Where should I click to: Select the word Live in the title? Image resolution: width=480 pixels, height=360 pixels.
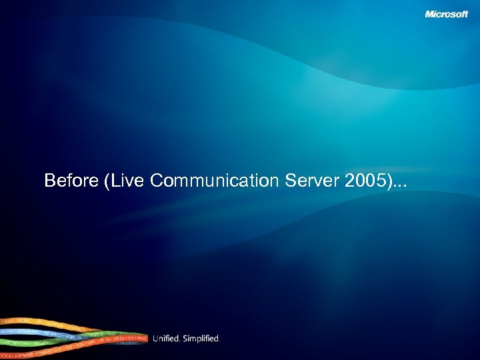pos(127,181)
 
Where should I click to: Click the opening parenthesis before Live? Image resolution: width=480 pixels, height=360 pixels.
pos(107,181)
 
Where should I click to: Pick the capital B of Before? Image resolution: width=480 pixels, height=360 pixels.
pos(49,181)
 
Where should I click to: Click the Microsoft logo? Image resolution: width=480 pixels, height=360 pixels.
pos(447,15)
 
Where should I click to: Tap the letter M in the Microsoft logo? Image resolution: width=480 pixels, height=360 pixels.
pos(430,15)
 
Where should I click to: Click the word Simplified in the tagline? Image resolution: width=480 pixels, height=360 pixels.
pos(202,339)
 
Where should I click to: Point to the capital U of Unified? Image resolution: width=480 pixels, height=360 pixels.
pos(156,339)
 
